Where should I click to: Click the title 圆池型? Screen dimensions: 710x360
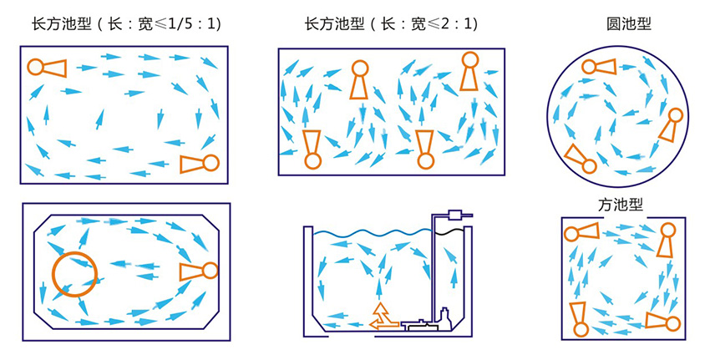point(628,24)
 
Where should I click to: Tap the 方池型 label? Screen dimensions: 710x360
point(621,205)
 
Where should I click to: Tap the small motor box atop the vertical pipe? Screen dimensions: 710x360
point(454,215)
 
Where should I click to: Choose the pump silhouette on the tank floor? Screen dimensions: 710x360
point(426,322)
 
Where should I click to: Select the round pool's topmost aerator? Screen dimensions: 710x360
point(599,67)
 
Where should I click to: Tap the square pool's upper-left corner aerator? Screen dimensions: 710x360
point(581,232)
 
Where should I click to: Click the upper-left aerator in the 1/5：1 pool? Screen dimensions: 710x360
point(47,68)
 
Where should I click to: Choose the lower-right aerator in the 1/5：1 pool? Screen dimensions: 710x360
point(200,164)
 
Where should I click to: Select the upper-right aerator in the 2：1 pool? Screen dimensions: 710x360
point(469,71)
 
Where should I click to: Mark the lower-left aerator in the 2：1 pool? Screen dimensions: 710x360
point(312,150)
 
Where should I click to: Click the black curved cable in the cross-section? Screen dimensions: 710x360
point(449,231)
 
